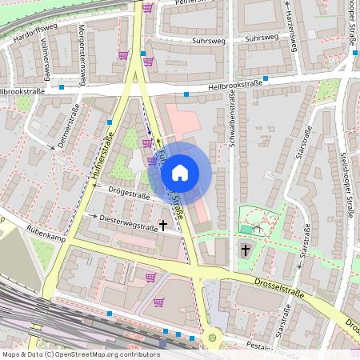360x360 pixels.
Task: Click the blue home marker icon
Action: point(180,172)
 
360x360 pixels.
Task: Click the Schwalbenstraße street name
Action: point(231,120)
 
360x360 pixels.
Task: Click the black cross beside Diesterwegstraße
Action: point(163,226)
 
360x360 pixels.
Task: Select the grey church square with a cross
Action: point(245,250)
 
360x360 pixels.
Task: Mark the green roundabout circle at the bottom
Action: point(212,338)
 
